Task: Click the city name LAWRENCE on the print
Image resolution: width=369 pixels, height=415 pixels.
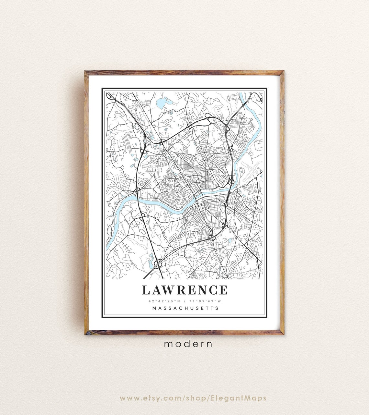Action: click(x=184, y=290)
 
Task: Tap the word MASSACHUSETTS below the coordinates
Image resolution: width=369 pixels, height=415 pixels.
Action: click(x=185, y=308)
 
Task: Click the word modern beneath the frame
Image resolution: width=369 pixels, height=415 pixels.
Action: click(x=188, y=344)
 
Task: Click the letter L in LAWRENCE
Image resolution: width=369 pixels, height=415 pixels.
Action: click(x=146, y=290)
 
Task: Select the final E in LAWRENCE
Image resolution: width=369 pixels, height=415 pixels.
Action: click(x=223, y=290)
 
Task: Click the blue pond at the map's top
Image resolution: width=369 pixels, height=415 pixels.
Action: click(x=161, y=104)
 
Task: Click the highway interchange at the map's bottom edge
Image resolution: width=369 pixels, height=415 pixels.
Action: click(x=158, y=263)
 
